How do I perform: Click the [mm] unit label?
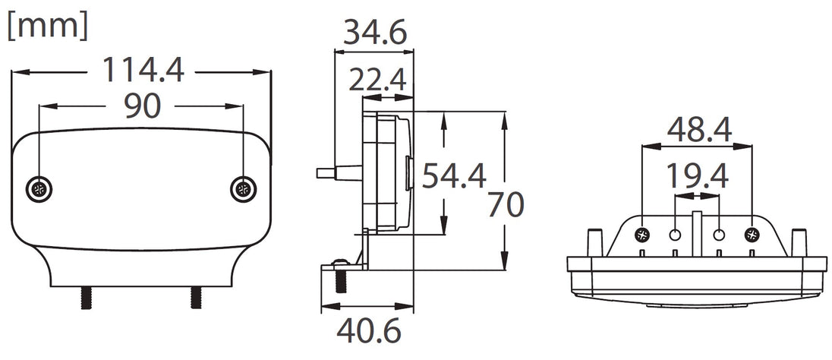click(47, 26)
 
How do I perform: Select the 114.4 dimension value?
click(143, 71)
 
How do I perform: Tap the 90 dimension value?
click(141, 106)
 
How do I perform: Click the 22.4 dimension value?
click(378, 80)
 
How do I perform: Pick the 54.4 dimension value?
click(453, 175)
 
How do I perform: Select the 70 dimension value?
click(506, 205)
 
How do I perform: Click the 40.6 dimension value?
click(368, 331)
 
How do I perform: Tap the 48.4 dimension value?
click(698, 130)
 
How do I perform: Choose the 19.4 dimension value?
click(697, 176)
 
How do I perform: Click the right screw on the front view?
click(242, 188)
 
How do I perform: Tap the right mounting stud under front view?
click(197, 296)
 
